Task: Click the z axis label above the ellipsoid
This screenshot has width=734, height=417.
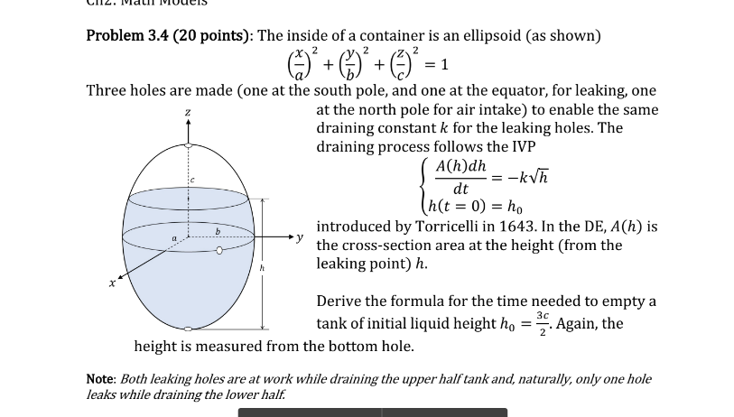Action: coord(188,113)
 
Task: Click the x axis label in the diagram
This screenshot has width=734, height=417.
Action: coord(113,283)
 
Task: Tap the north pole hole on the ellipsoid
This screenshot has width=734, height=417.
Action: coord(188,144)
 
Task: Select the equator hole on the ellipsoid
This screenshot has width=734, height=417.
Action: coord(219,251)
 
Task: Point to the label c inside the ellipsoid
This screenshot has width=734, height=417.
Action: coord(191,181)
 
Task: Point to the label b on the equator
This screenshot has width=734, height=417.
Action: coord(217,232)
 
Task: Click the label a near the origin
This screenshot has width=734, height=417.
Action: coord(173,237)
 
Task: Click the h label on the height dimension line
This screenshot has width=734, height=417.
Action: coord(263,267)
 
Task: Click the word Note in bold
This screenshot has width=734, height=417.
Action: coord(99,379)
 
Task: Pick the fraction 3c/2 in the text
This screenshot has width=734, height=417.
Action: coord(541,322)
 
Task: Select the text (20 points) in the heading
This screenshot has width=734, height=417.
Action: coord(212,36)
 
